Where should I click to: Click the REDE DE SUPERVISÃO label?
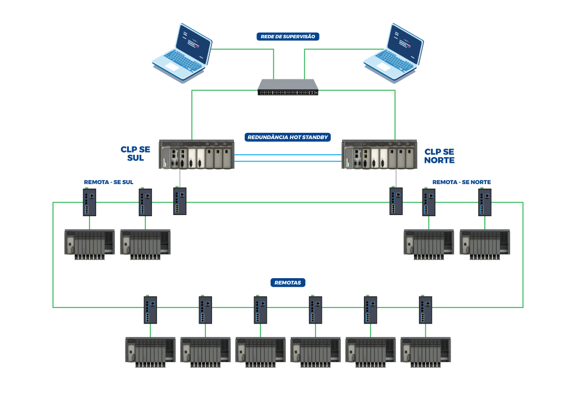coord(288,37)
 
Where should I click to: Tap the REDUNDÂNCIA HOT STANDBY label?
coord(287,137)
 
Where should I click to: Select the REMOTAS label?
coord(287,283)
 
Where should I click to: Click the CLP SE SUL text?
coord(135,154)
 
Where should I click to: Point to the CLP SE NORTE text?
coord(439,156)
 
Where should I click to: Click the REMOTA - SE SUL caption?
coord(108,182)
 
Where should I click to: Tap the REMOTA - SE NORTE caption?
coord(461,182)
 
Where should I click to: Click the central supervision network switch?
coord(288,87)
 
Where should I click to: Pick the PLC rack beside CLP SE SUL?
coord(196,154)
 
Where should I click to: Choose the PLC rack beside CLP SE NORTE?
coord(379,154)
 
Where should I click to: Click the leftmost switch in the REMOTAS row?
coord(150,310)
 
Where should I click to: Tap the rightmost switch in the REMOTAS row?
coord(425,310)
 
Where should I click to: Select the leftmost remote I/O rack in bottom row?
coord(150,350)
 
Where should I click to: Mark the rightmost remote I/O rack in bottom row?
coord(425,350)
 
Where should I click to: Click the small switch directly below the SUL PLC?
coord(179,201)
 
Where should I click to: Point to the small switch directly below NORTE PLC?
coord(396,201)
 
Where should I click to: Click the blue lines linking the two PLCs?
coord(288,158)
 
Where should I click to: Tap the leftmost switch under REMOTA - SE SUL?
coord(89,202)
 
